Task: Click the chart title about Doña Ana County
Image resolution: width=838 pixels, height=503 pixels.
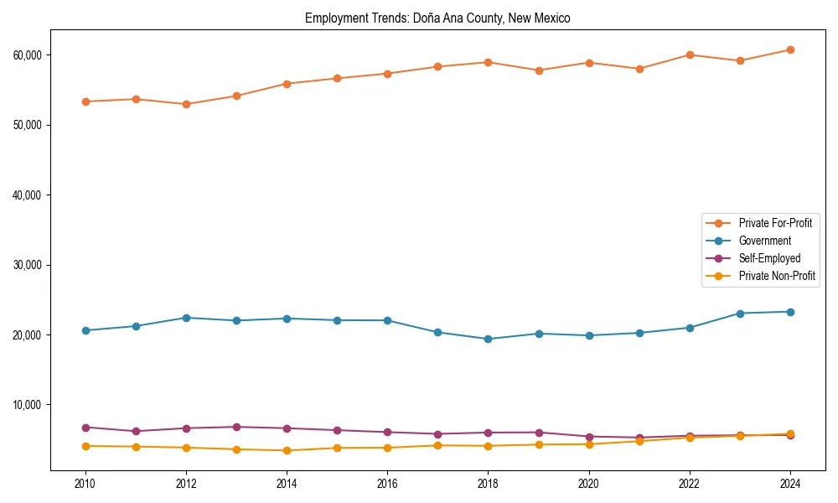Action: pos(437,18)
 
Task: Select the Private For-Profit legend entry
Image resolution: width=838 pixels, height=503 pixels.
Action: pos(775,223)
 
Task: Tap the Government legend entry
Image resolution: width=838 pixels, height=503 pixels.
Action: pos(764,241)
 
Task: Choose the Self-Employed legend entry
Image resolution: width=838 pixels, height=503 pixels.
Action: pos(769,258)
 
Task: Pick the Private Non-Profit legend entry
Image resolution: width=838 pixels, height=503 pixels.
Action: pos(777,276)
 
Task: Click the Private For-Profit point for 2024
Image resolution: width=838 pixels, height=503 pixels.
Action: pos(790,50)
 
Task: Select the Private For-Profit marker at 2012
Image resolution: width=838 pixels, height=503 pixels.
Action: pos(186,104)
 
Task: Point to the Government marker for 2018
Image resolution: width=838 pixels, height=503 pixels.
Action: pos(488,339)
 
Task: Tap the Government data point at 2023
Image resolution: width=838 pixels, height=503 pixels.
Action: pos(740,314)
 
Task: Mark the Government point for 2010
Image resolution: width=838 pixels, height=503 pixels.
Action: pos(85,330)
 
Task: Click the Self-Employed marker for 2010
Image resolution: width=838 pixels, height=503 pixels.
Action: pos(85,428)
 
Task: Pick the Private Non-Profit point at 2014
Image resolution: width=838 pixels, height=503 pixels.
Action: pos(287,450)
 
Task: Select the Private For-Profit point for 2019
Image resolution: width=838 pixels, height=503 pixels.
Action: pos(539,70)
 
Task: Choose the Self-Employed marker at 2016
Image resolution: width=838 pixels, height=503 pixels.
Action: pos(387,433)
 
